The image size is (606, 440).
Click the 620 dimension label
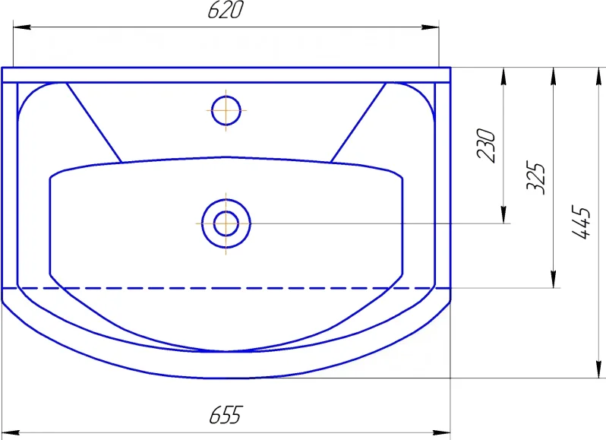tap(226, 10)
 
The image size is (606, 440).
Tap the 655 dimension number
tap(226, 415)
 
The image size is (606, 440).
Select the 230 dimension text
tap(486, 145)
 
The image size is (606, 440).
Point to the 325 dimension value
tap(535, 177)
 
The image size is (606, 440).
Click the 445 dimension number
tap(581, 223)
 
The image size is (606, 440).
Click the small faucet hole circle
tap(226, 111)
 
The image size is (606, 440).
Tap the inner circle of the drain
tap(226, 223)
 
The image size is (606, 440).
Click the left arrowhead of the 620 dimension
tap(22, 27)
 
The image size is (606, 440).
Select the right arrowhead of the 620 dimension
tap(430, 27)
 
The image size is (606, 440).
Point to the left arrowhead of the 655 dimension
tap(11, 432)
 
